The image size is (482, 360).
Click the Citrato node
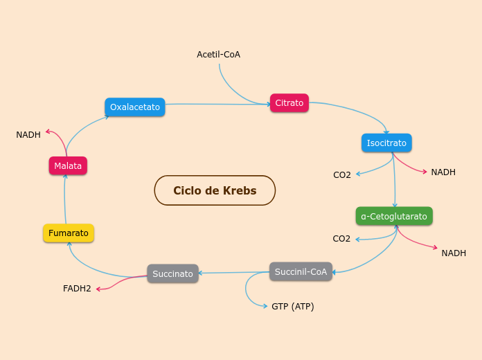coord(289,103)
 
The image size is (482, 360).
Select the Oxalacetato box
coord(135,107)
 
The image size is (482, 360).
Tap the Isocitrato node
coord(386,143)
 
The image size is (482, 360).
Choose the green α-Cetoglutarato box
coord(394,217)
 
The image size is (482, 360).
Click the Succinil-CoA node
coord(301,271)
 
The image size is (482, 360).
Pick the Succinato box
coord(173,273)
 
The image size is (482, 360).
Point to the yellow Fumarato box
coord(69,233)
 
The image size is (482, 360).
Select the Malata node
coord(68,166)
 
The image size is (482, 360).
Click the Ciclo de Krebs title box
coord(215,190)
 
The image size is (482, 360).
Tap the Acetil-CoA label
coord(218,54)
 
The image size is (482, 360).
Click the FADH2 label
coord(77,288)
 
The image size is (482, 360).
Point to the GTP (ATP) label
coord(292,306)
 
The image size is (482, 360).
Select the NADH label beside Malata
coord(28,134)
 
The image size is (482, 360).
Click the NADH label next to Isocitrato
coord(443,172)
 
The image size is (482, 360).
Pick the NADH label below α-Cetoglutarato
coord(454,253)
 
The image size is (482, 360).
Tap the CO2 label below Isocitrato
coord(342,174)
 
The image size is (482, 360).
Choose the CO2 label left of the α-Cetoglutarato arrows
coord(341,239)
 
